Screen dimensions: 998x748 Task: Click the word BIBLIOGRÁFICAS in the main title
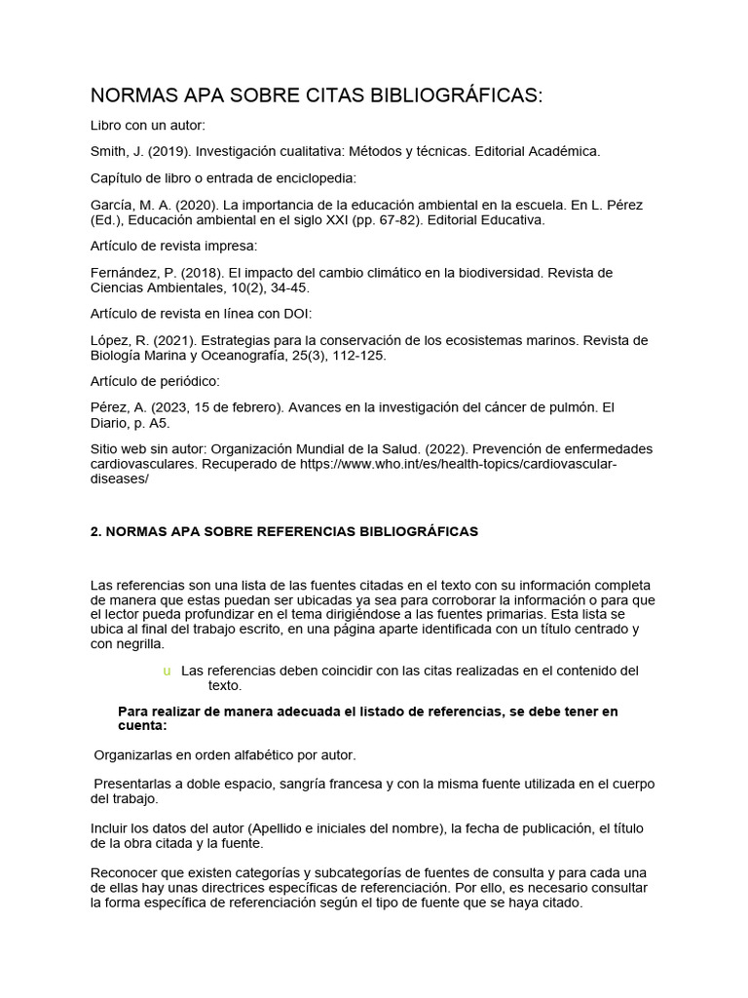[455, 96]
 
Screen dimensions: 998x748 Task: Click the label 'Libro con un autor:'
[148, 126]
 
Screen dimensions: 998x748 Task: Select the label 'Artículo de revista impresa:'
[173, 246]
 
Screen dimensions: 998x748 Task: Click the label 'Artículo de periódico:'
[155, 380]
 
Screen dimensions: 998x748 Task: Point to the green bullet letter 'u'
[168, 671]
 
